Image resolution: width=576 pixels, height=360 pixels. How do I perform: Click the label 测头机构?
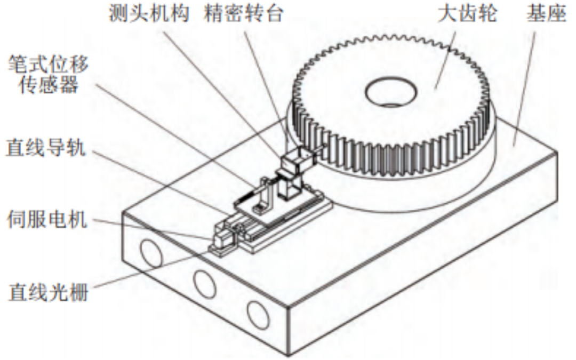[149, 14]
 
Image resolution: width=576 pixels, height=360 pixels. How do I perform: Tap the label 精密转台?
[244, 14]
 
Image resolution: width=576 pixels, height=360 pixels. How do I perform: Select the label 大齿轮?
[467, 14]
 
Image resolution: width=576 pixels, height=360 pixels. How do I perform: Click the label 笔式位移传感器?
[48, 75]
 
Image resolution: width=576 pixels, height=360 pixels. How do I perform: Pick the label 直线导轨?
[46, 149]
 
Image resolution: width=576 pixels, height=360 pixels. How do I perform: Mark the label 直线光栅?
[48, 293]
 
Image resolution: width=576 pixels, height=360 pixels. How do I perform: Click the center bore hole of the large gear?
[391, 91]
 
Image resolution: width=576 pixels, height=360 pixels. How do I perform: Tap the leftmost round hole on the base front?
[150, 253]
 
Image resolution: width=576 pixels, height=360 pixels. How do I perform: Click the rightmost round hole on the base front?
[258, 316]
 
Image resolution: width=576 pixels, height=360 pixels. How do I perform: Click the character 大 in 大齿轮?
[447, 14]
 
